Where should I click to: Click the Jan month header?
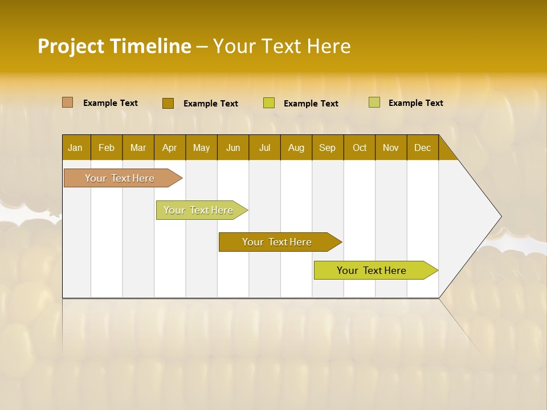[x=75, y=147]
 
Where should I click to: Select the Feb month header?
[x=107, y=147]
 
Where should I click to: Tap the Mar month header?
[x=138, y=147]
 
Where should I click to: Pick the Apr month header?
[x=169, y=147]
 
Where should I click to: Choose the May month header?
[x=201, y=147]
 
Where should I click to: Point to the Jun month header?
[x=233, y=147]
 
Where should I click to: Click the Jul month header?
[x=264, y=147]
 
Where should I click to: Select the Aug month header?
[x=296, y=147]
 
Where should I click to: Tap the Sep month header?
[x=327, y=147]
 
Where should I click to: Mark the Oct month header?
[x=360, y=147]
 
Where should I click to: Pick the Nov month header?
[x=391, y=147]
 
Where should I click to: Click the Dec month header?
[x=422, y=147]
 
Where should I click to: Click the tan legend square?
[x=68, y=102]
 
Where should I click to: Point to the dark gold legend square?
[x=168, y=103]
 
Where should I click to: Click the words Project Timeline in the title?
[x=115, y=46]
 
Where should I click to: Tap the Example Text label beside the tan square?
[x=111, y=103]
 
